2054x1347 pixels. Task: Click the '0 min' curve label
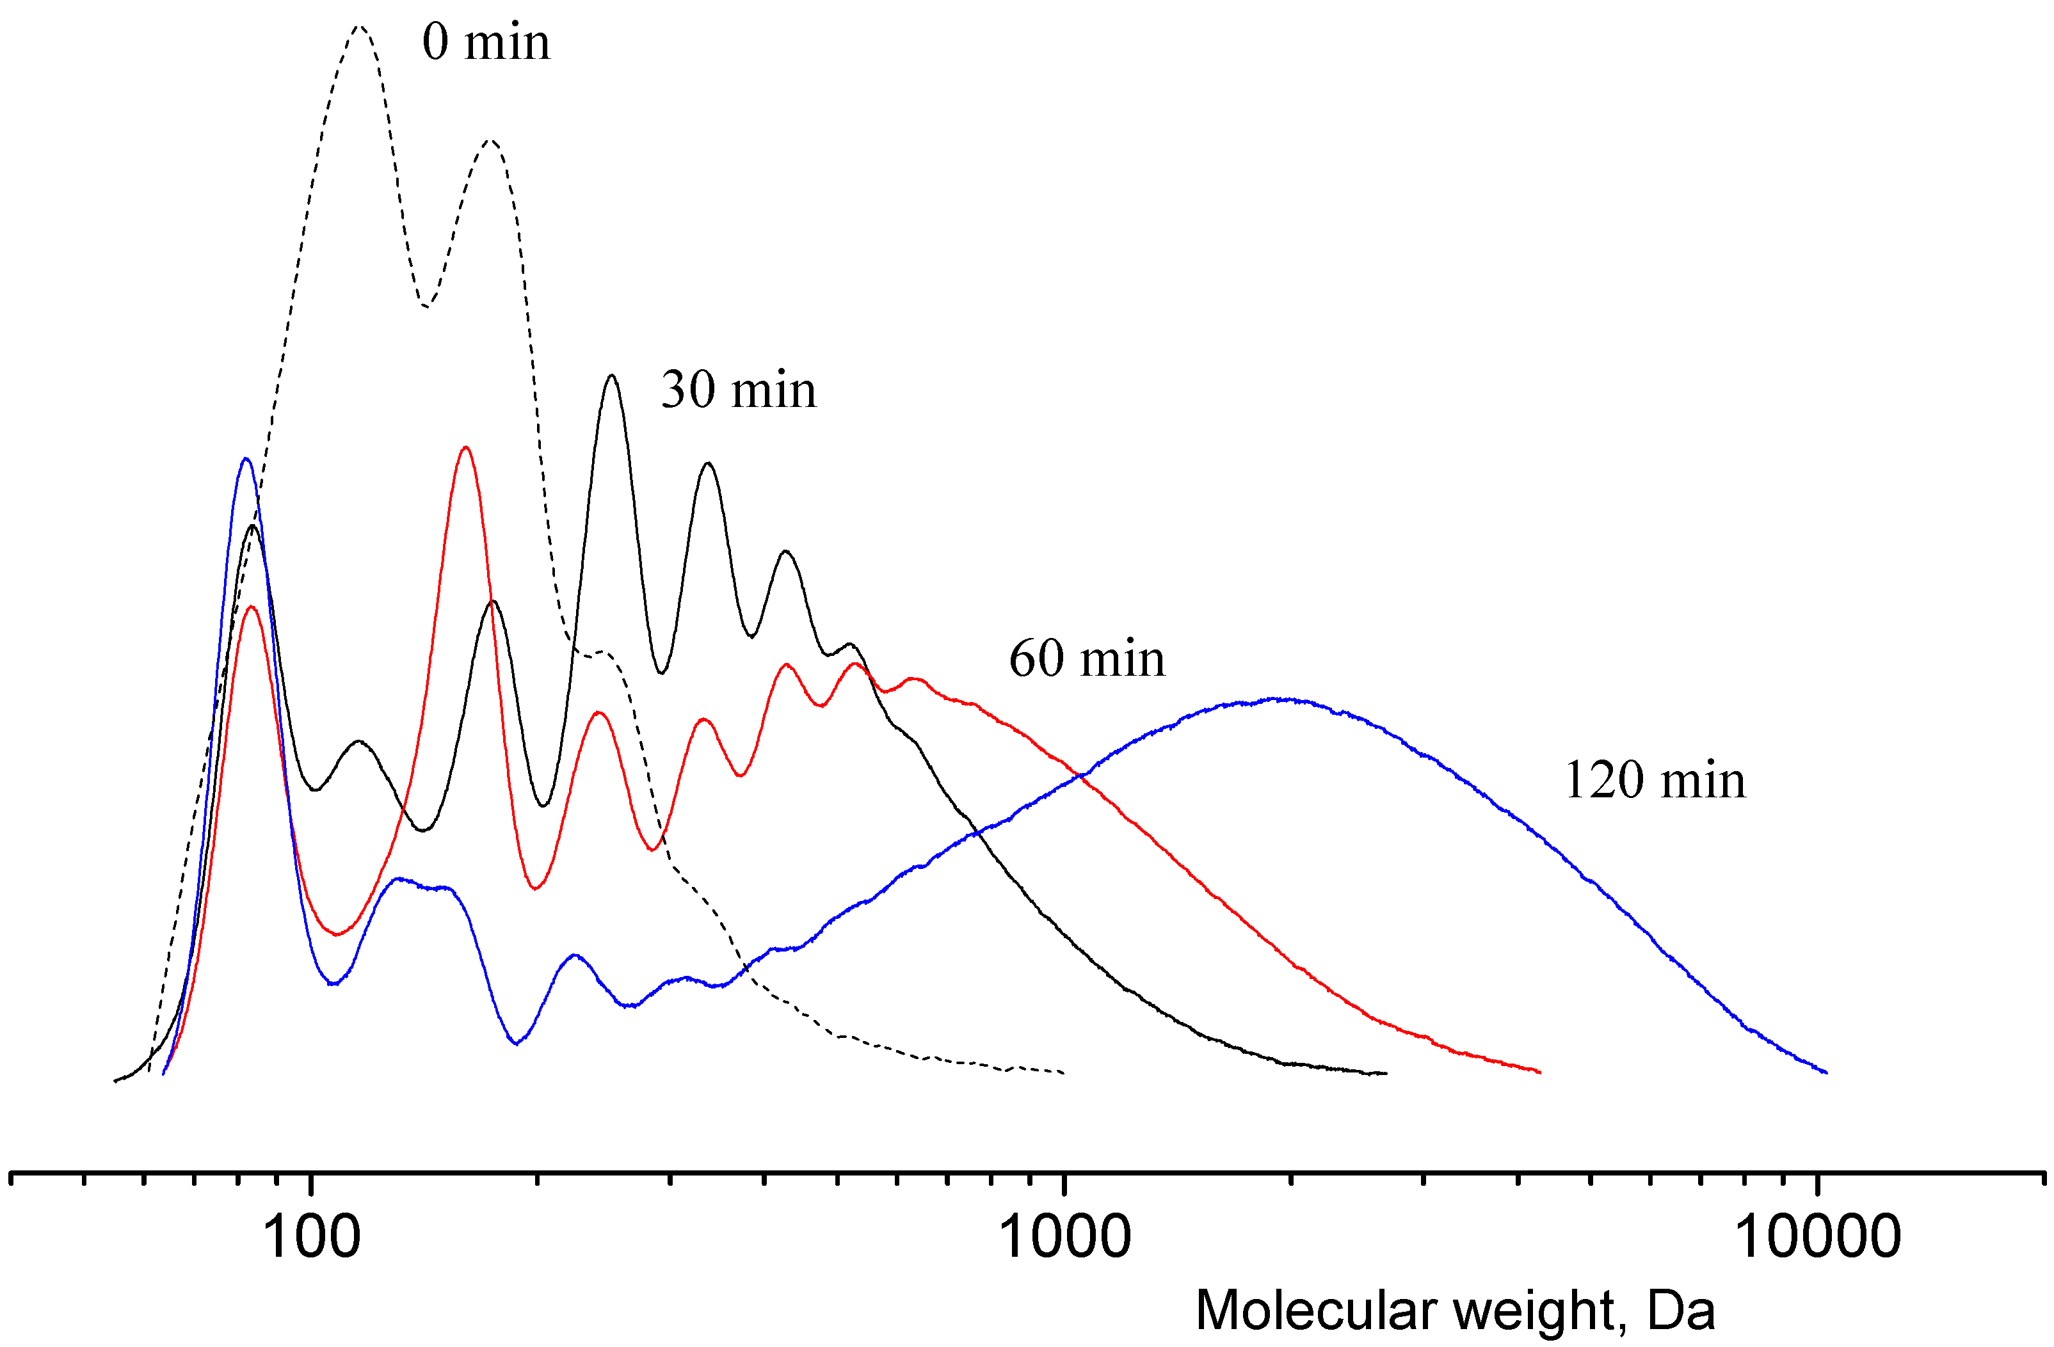tap(485, 42)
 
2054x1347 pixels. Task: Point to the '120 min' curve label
tap(1655, 780)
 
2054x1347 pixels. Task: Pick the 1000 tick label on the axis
tap(1064, 1236)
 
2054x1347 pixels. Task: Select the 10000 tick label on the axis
tap(1818, 1236)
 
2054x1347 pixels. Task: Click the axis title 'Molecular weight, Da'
tap(1455, 1310)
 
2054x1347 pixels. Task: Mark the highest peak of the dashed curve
tap(360, 27)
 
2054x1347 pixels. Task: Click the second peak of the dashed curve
tap(490, 139)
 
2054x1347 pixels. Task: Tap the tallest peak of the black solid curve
tap(612, 376)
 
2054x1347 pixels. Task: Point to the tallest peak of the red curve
tap(466, 447)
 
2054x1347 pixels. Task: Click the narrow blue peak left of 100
tap(246, 458)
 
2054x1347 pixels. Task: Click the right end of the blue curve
tap(1826, 1072)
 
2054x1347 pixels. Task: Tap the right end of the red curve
tap(1539, 1072)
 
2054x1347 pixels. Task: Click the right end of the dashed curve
tap(1063, 1072)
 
